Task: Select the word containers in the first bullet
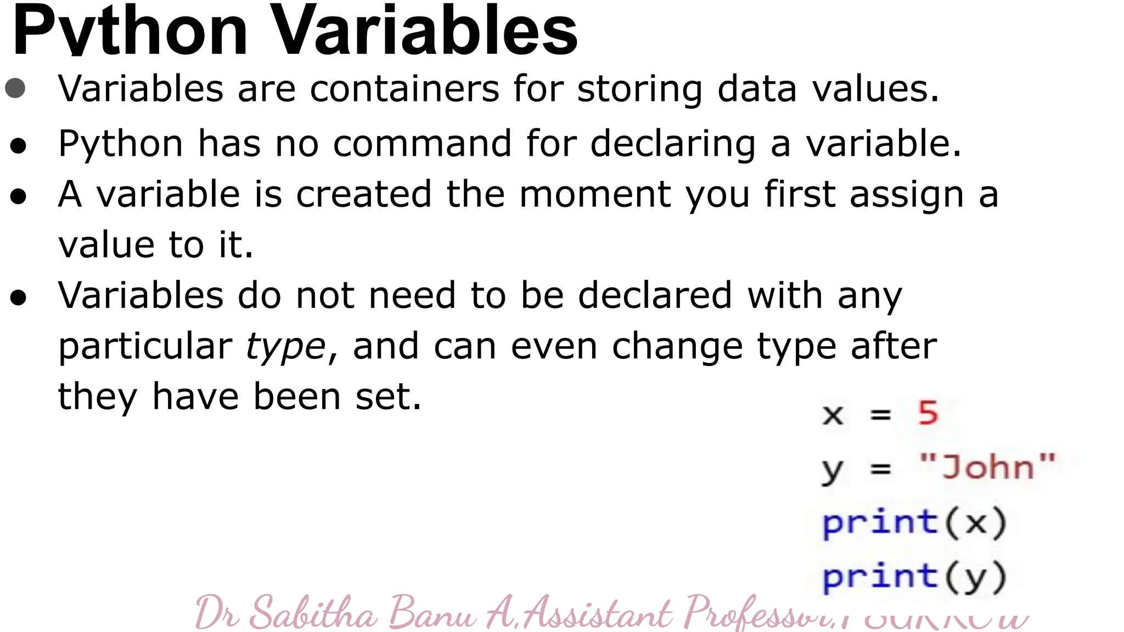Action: [x=404, y=89]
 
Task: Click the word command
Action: [x=422, y=144]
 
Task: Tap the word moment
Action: [x=595, y=195]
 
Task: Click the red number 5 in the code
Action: [x=928, y=413]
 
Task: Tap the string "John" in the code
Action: [x=987, y=467]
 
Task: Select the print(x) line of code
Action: [x=914, y=522]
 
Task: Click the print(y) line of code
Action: [x=914, y=577]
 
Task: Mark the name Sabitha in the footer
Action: [x=313, y=613]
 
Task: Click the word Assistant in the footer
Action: [x=598, y=613]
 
